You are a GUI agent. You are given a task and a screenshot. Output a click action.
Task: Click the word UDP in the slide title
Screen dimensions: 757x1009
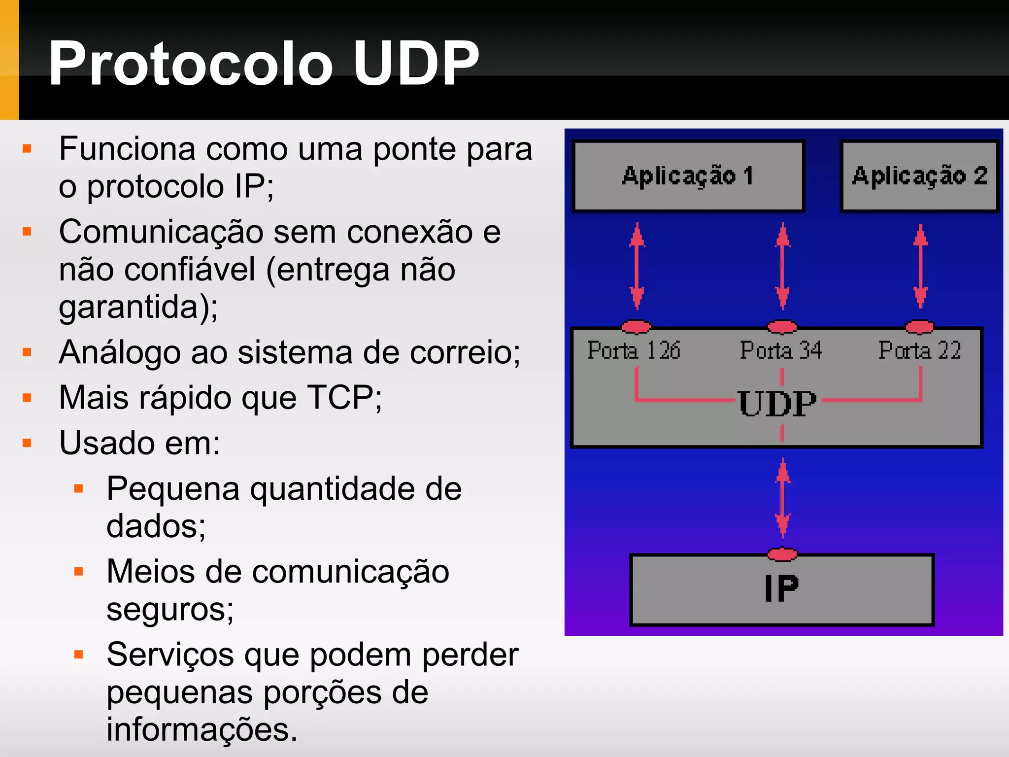(x=416, y=63)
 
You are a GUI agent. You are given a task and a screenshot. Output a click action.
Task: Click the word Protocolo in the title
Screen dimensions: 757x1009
(x=191, y=63)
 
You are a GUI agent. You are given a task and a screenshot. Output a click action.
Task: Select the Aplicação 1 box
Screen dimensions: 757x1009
(x=688, y=176)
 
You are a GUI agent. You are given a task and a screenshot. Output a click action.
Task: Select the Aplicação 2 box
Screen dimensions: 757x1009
(x=919, y=176)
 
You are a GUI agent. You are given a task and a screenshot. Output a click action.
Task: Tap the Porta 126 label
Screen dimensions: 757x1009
(x=634, y=350)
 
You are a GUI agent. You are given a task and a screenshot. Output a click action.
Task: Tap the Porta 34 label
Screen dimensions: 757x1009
(x=781, y=350)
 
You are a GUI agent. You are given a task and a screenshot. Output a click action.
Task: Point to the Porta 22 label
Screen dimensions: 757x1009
(x=919, y=350)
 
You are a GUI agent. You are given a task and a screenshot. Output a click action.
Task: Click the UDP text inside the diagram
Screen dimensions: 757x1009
(x=777, y=404)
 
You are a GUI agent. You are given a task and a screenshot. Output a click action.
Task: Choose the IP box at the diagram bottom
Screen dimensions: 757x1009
(x=782, y=589)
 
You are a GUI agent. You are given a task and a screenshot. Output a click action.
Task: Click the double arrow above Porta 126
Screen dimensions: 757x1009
(x=637, y=266)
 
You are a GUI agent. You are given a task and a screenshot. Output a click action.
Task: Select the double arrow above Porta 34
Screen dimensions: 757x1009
(x=782, y=266)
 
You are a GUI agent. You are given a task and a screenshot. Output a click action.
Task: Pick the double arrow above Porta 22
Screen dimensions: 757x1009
(x=920, y=266)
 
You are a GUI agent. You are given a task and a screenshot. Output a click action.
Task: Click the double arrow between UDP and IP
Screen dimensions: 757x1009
(x=783, y=498)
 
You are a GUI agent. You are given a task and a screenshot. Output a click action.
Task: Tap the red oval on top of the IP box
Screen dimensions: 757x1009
(x=782, y=554)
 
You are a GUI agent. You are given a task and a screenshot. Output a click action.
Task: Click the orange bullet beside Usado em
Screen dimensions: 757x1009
(x=27, y=443)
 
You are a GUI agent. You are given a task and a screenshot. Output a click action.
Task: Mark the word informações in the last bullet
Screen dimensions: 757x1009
(x=202, y=729)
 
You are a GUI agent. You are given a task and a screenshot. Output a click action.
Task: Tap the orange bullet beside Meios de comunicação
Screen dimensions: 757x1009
(x=78, y=572)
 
